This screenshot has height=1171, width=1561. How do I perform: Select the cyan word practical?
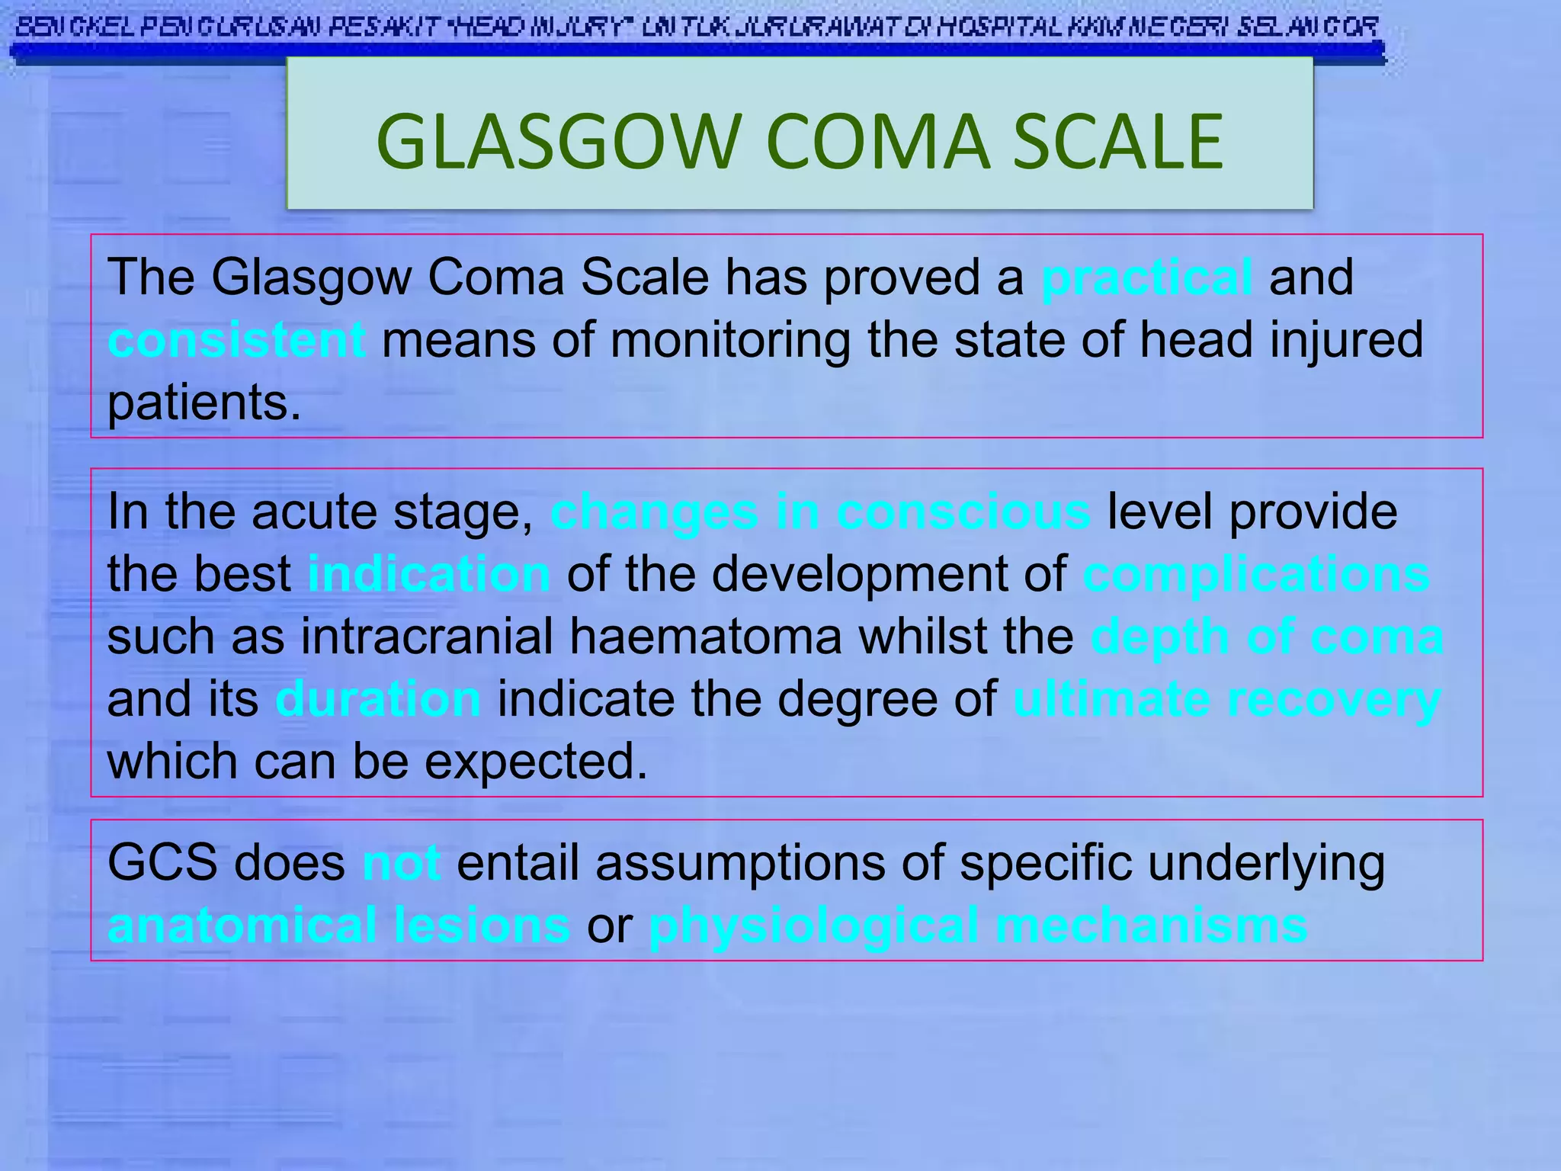coord(1146,277)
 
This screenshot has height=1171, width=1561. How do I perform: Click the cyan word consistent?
coord(236,340)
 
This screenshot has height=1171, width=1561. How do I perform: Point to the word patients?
coord(204,403)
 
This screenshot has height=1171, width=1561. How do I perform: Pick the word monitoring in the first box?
coord(730,340)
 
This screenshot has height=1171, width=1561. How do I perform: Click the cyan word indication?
coord(428,574)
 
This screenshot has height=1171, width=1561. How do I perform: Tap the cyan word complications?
coord(1256,574)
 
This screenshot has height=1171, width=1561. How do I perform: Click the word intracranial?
coord(427,637)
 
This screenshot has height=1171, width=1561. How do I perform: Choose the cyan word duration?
coord(378,699)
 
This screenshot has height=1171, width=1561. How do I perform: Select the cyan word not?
coord(402,863)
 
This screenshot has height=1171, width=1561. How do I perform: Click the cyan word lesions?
coord(482,926)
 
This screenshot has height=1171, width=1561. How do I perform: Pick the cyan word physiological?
coord(813,926)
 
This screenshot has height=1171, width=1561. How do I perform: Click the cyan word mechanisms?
coord(1151,926)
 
